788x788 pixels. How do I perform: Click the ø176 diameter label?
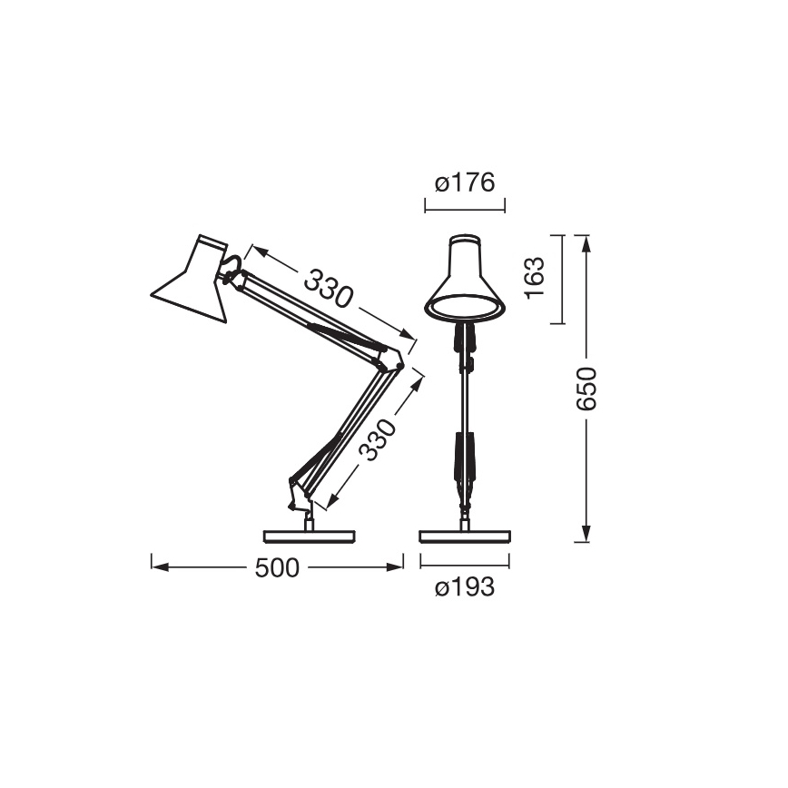pyautogui.click(x=464, y=183)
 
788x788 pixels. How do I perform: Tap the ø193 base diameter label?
pyautogui.click(x=464, y=588)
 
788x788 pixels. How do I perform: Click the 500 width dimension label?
pyautogui.click(x=277, y=568)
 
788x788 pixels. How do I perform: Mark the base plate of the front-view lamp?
pyautogui.click(x=465, y=535)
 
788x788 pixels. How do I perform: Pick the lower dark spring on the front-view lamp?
pyautogui.click(x=465, y=458)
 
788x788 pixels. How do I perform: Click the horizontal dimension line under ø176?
pyautogui.click(x=464, y=208)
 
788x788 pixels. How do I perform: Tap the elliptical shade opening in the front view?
pyautogui.click(x=465, y=308)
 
